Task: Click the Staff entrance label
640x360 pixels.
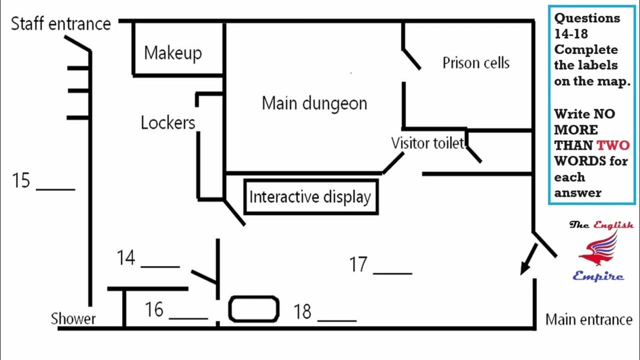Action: coord(61,23)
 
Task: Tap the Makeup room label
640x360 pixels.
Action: coord(173,53)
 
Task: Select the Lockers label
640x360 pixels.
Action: coord(168,122)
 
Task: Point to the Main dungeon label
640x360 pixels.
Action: coord(314,103)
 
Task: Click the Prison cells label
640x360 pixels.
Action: coord(476,62)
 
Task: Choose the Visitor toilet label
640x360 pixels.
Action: coord(427,143)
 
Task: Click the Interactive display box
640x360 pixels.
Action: coord(311,197)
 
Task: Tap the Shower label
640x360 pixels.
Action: coord(73,318)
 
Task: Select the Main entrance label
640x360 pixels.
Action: coord(589,319)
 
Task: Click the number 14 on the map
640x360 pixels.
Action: coord(126,257)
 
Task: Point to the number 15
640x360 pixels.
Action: coord(21,180)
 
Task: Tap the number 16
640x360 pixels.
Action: coord(154,309)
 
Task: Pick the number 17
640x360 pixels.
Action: coord(358,264)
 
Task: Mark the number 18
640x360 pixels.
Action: coord(302,311)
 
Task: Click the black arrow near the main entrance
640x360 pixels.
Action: coord(528,259)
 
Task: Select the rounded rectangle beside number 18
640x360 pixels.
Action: coord(253,309)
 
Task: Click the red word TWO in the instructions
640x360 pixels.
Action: coord(613,145)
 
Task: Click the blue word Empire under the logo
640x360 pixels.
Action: coord(598,276)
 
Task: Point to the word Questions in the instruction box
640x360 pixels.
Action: coord(587,18)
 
